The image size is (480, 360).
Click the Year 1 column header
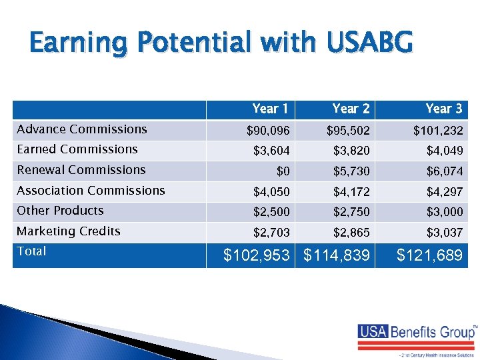pyautogui.click(x=270, y=109)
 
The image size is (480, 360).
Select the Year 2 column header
pyautogui.click(x=350, y=109)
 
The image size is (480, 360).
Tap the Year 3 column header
pyautogui.click(x=443, y=109)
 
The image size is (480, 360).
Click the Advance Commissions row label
pyautogui.click(x=81, y=129)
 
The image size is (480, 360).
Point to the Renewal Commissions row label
pyautogui.click(x=81, y=170)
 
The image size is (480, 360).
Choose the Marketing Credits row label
pyautogui.click(x=69, y=231)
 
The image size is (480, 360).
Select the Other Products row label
pyautogui.click(x=60, y=211)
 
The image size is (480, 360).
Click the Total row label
pyautogui.click(x=31, y=251)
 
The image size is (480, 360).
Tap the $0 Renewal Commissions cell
pyautogui.click(x=283, y=171)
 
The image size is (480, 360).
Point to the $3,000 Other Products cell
pyautogui.click(x=445, y=213)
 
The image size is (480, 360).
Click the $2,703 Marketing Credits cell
pyautogui.click(x=271, y=233)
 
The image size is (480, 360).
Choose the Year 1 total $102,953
pyautogui.click(x=257, y=255)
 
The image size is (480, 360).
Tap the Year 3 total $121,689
pyautogui.click(x=429, y=255)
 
